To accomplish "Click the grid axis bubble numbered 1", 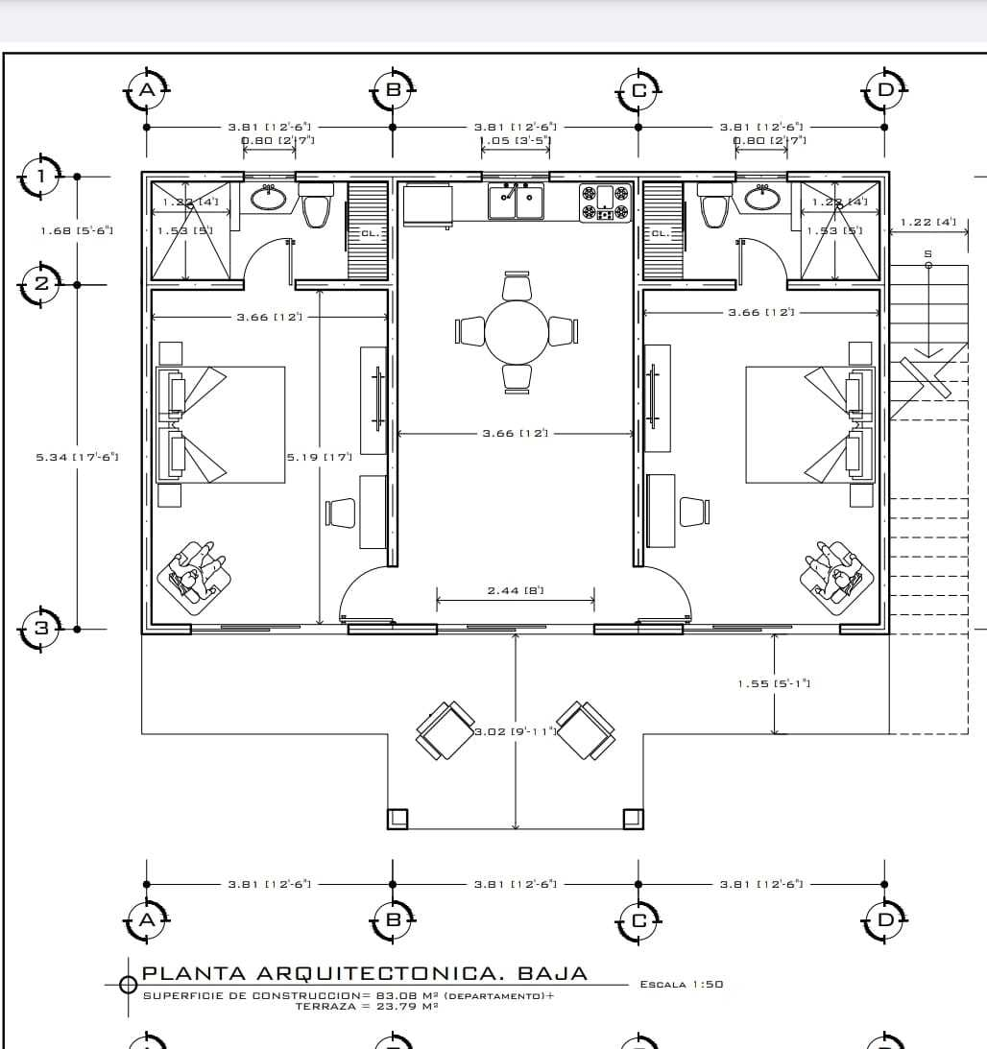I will (40, 176).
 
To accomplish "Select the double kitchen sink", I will (516, 203).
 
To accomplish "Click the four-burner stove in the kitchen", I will (605, 203).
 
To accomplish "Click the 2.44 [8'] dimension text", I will (516, 590).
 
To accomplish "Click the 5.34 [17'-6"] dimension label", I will (77, 457).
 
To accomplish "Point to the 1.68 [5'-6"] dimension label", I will (77, 230).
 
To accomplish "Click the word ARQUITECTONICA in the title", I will (350, 973).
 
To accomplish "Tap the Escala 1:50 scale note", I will (681, 984).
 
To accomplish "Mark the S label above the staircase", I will (927, 253).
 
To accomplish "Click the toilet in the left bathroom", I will (316, 206).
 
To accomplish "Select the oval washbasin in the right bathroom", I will (762, 198).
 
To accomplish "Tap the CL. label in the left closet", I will (370, 232).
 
